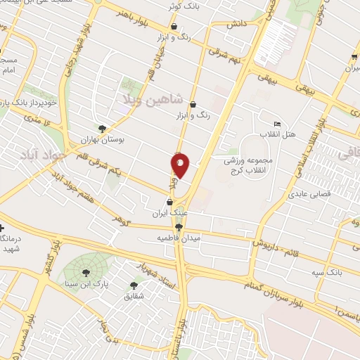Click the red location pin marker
tap(180, 165)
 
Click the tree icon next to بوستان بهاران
tap(103, 129)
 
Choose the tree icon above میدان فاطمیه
tap(179, 227)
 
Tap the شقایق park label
tap(134, 297)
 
